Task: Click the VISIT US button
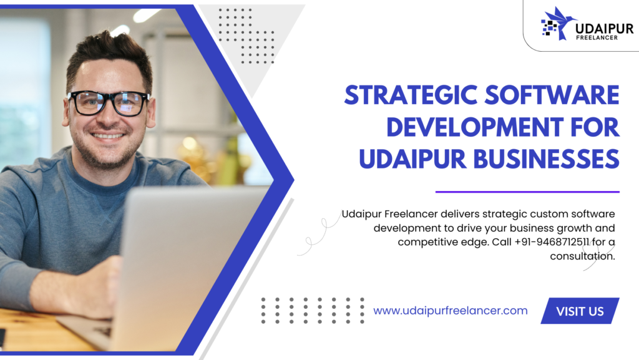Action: point(580,311)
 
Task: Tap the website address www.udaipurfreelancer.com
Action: point(451,311)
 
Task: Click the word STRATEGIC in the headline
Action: point(411,95)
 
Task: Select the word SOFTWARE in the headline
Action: point(552,95)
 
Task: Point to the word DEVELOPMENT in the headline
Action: point(475,127)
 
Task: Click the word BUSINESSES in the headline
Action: point(547,159)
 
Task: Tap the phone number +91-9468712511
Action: point(552,242)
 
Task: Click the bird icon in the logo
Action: point(557,24)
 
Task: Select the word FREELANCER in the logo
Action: point(597,38)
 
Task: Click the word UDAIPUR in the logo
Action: point(604,29)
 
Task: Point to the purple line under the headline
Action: point(527,192)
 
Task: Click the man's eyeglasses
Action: point(109,102)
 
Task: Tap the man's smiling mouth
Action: point(107,135)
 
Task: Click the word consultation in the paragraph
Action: point(582,256)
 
